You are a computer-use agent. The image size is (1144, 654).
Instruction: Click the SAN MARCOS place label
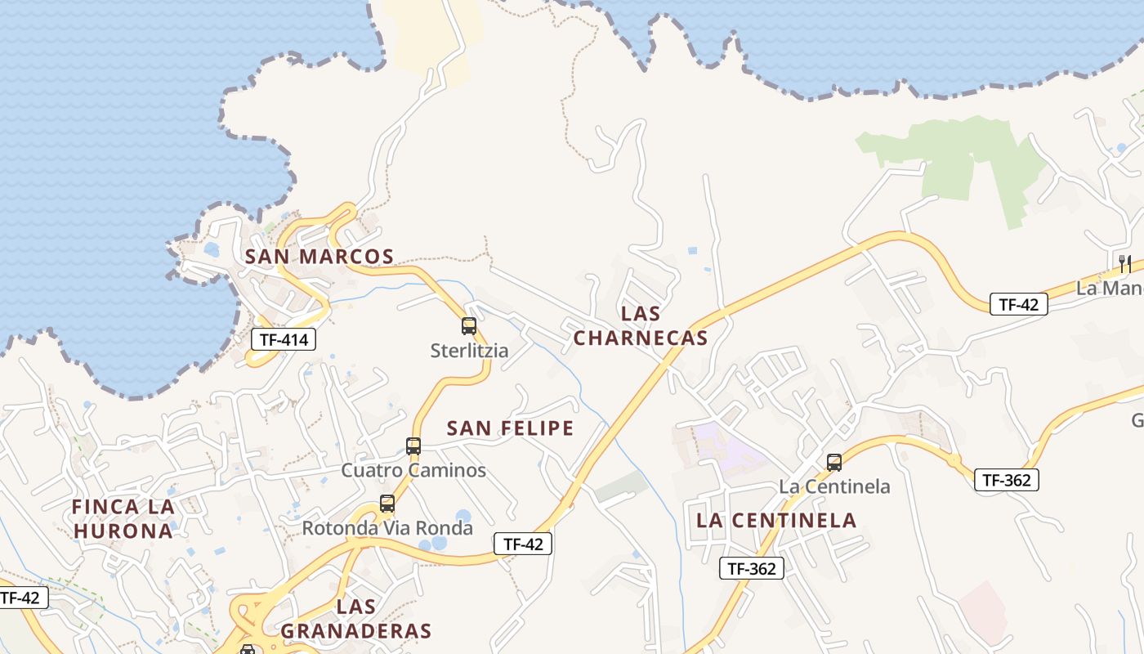pyautogui.click(x=320, y=257)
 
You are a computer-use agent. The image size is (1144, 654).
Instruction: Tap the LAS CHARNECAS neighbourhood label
pyautogui.click(x=641, y=325)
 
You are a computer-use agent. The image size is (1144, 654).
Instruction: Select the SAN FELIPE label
pyautogui.click(x=511, y=428)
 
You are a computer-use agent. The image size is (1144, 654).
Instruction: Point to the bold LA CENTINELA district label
pyautogui.click(x=775, y=520)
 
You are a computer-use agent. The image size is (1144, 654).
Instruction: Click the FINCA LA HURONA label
pyautogui.click(x=123, y=518)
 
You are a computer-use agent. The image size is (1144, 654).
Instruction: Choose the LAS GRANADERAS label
pyautogui.click(x=355, y=619)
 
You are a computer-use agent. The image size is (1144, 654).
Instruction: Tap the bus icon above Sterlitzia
pyautogui.click(x=469, y=326)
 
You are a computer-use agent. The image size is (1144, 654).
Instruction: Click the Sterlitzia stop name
pyautogui.click(x=469, y=351)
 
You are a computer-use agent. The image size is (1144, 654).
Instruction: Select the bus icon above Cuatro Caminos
pyautogui.click(x=413, y=446)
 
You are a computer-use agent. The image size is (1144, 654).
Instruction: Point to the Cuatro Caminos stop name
pyautogui.click(x=413, y=470)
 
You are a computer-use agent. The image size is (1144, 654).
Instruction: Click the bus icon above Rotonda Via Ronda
pyautogui.click(x=387, y=504)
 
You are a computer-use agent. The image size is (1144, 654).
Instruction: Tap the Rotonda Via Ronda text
pyautogui.click(x=387, y=528)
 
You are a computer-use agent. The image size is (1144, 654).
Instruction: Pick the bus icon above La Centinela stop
pyautogui.click(x=834, y=463)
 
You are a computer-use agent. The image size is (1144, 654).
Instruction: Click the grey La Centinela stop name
pyautogui.click(x=834, y=486)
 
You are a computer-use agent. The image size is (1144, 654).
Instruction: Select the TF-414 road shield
pyautogui.click(x=283, y=339)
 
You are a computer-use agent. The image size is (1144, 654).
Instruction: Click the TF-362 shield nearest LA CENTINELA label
pyautogui.click(x=752, y=568)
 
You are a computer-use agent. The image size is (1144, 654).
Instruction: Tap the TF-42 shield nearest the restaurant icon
pyautogui.click(x=1018, y=304)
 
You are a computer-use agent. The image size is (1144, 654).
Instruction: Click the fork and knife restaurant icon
pyautogui.click(x=1125, y=263)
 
